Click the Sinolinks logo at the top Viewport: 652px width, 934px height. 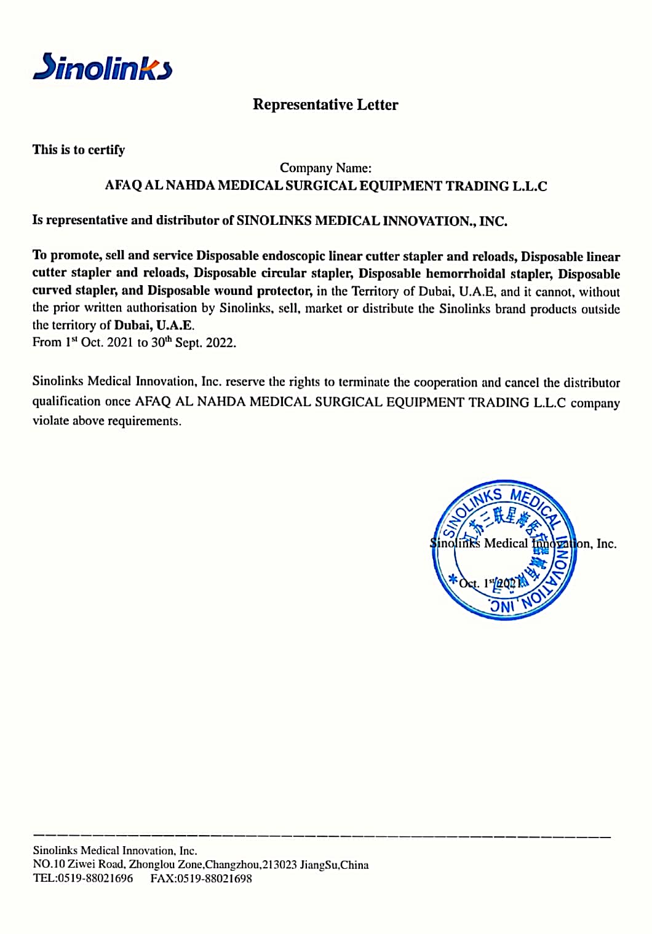coord(102,67)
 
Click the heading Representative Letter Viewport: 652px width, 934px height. coord(325,104)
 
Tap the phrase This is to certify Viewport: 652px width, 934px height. coord(79,150)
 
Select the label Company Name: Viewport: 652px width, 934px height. coord(325,168)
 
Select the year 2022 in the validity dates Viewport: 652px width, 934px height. coord(220,343)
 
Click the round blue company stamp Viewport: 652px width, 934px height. coord(504,550)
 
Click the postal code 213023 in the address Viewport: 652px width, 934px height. coord(280,865)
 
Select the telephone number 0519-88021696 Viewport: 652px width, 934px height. coord(95,879)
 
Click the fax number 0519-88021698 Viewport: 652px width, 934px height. coord(214,879)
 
